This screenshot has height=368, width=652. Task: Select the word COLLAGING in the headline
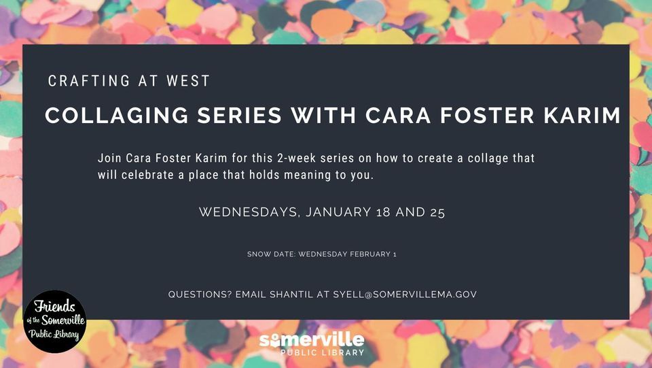[111, 116]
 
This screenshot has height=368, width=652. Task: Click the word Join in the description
[109, 158]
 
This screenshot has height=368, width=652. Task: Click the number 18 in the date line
[384, 212]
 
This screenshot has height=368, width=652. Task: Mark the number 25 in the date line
[437, 212]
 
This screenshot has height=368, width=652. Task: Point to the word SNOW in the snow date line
[258, 254]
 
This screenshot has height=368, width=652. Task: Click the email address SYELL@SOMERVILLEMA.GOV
[405, 295]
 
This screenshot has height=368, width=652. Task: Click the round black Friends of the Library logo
[54, 321]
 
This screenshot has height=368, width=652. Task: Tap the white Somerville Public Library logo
[312, 344]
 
